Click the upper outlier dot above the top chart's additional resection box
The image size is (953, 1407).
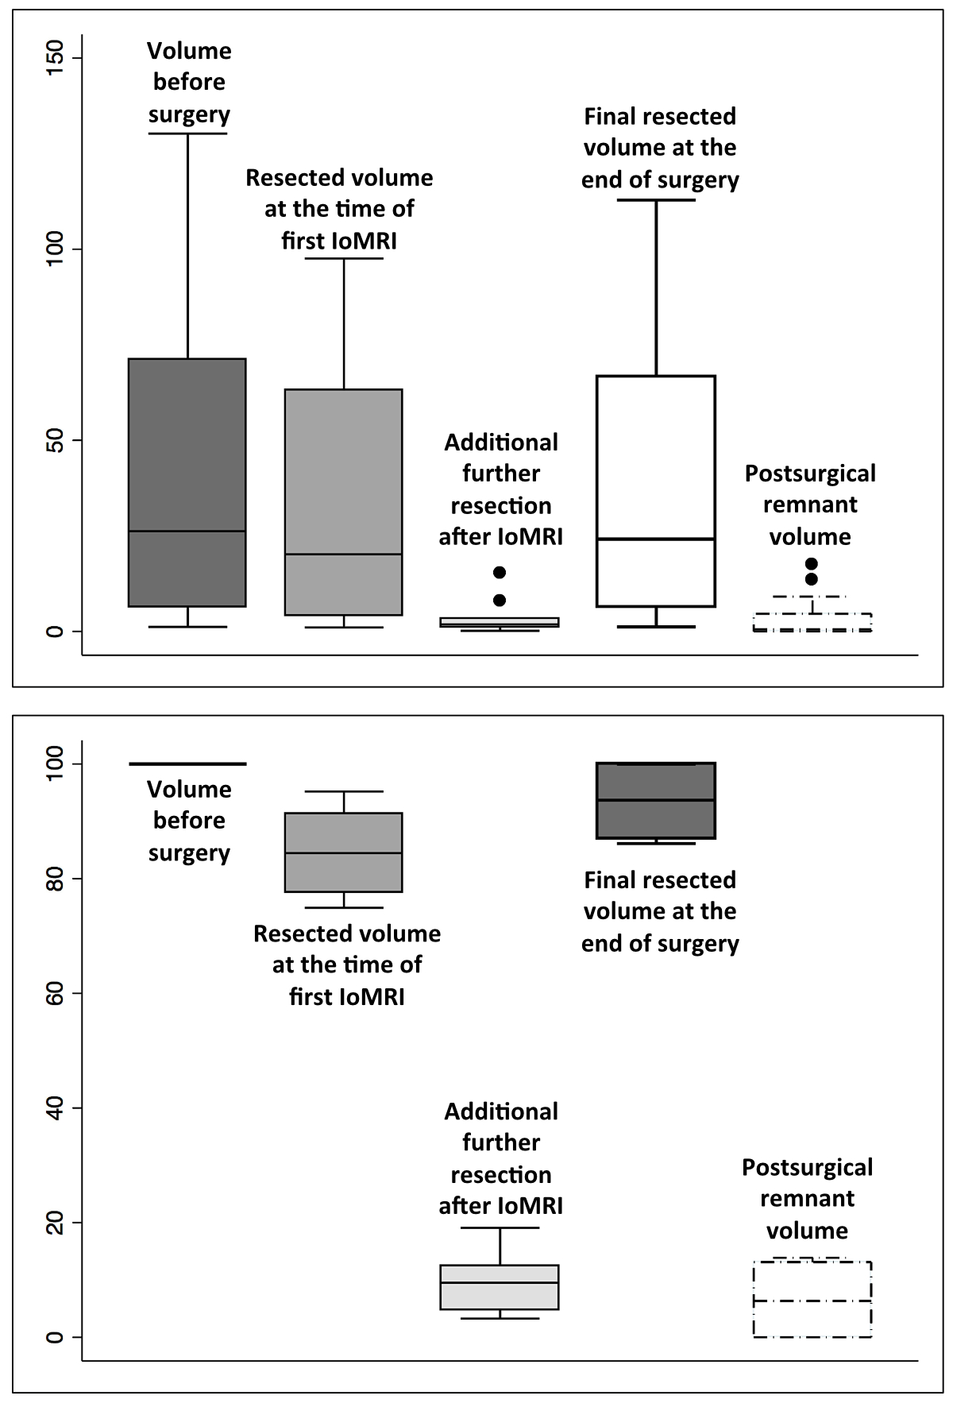coord(500,572)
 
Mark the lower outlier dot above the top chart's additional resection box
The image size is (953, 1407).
coord(500,600)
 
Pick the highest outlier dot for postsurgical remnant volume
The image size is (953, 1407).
coord(811,564)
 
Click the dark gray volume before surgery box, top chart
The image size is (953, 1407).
coord(187,445)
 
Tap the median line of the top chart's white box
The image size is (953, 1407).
coord(656,539)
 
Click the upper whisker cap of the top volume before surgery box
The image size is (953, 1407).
coord(187,133)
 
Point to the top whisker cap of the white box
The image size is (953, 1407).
coord(656,199)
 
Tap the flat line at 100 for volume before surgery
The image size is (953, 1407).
coord(187,763)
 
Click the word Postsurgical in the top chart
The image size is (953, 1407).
coord(810,474)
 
